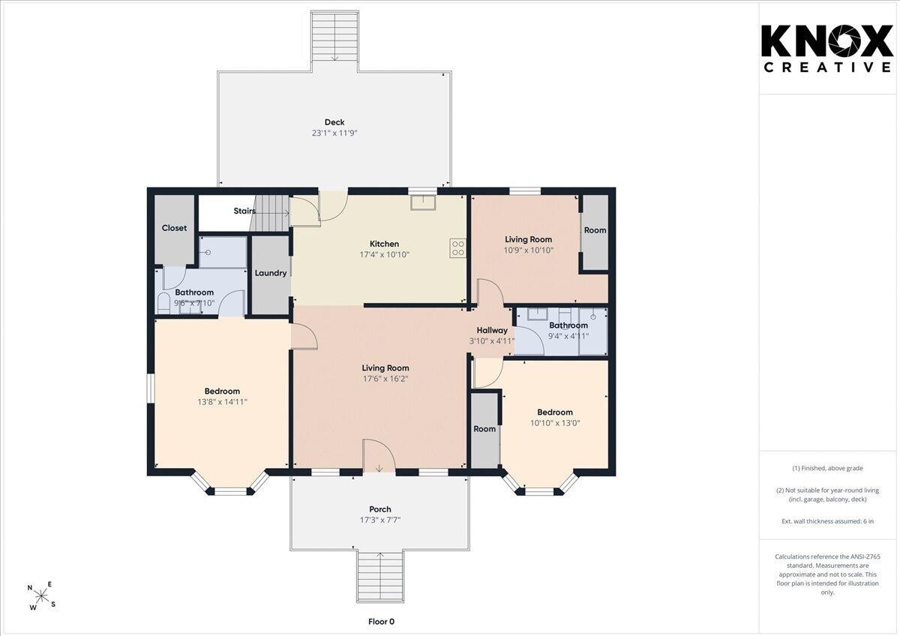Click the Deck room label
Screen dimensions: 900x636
[x=334, y=121]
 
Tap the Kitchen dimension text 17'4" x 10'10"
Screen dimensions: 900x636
[x=385, y=254]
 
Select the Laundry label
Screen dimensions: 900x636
[x=271, y=273]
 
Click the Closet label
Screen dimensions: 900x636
[x=174, y=228]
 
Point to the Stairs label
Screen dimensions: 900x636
[x=244, y=211]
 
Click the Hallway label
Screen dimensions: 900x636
[x=492, y=330]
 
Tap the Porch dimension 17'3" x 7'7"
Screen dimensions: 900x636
[x=380, y=520]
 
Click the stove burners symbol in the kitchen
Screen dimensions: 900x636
[x=458, y=248]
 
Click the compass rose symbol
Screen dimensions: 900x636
[x=41, y=595]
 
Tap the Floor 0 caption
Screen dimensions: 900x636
[x=381, y=622]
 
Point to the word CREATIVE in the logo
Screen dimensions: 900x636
[x=827, y=67]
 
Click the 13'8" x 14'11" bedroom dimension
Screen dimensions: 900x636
[x=222, y=402]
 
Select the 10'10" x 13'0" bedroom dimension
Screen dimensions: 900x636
[x=555, y=423]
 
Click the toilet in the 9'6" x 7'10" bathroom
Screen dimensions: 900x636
[x=163, y=303]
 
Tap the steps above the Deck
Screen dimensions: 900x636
[x=334, y=37]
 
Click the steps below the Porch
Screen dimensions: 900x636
[x=379, y=577]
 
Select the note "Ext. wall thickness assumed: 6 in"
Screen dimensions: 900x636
[x=827, y=521]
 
